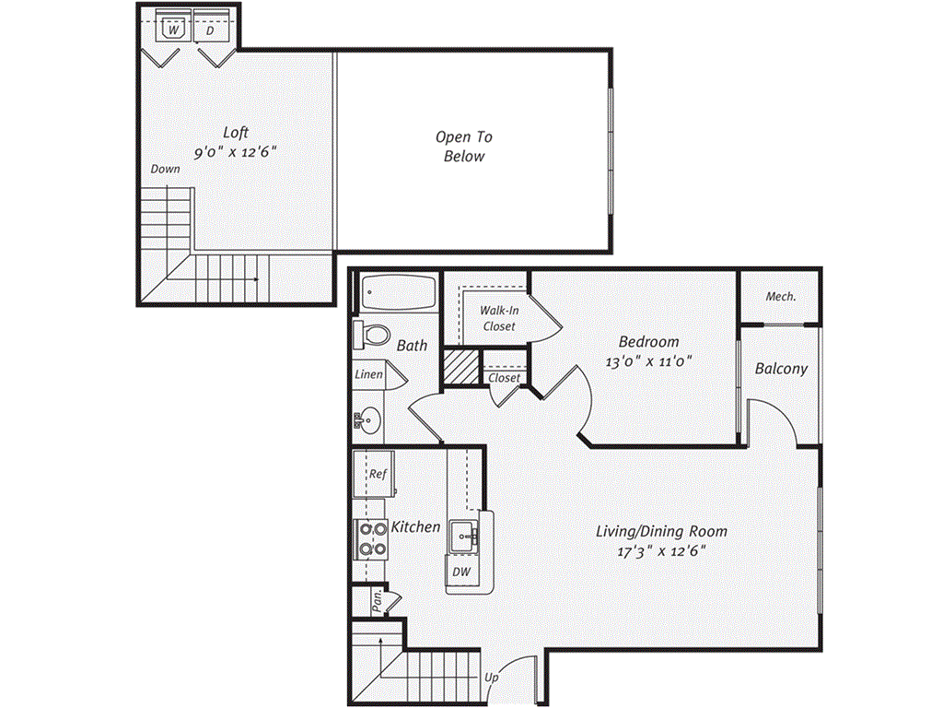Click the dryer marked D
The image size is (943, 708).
[210, 30]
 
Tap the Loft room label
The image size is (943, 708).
[236, 133]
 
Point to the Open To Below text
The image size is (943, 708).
[464, 147]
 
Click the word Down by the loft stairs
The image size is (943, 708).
[166, 170]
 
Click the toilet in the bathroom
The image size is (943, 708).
[371, 334]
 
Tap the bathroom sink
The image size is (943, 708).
[367, 421]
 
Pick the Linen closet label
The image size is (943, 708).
[368, 375]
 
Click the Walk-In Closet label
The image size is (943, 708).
[497, 318]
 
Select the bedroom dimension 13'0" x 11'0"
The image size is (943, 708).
[648, 362]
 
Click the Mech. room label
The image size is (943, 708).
[781, 297]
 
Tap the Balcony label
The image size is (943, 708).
[781, 369]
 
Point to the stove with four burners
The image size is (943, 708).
[372, 538]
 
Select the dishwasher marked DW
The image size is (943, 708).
[461, 572]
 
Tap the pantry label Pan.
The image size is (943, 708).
[377, 602]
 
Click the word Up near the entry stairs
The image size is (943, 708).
[492, 678]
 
